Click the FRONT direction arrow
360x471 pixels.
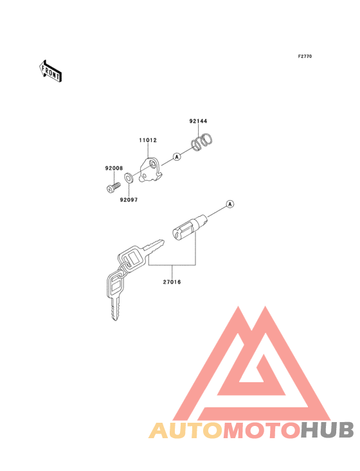pyautogui.click(x=50, y=71)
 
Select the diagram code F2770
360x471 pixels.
pyautogui.click(x=305, y=57)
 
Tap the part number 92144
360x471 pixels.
pyautogui.click(x=198, y=121)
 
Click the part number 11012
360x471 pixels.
pyautogui.click(x=148, y=140)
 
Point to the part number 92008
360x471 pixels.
pyautogui.click(x=114, y=168)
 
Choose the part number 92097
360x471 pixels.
pyautogui.click(x=129, y=199)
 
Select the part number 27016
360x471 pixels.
pyautogui.click(x=172, y=282)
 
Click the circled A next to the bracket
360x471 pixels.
pyautogui.click(x=177, y=156)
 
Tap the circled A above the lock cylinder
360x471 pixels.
pyautogui.click(x=230, y=204)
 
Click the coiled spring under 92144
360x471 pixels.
pyautogui.click(x=203, y=142)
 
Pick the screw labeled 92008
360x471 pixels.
pyautogui.click(x=113, y=187)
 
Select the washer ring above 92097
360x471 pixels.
pyautogui.click(x=129, y=178)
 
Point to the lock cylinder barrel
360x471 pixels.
pyautogui.click(x=190, y=227)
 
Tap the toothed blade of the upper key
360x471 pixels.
pyautogui.click(x=154, y=245)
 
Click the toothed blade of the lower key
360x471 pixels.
pyautogui.click(x=115, y=308)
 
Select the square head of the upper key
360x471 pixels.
pyautogui.click(x=132, y=259)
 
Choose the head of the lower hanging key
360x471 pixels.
pyautogui.click(x=116, y=284)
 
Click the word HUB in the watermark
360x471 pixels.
pyautogui.click(x=327, y=430)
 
